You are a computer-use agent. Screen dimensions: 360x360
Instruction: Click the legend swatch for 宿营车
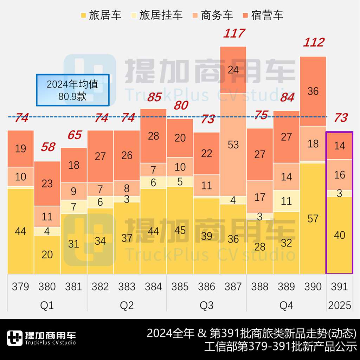tap(245, 15)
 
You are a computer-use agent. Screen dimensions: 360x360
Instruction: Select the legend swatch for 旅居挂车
tap(134, 15)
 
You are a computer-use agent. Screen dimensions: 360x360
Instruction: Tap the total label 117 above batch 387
tap(234, 34)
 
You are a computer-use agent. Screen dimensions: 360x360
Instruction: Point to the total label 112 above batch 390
tap(313, 43)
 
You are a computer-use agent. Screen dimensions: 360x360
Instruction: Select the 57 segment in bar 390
tap(313, 218)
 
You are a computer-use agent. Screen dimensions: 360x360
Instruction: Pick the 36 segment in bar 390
tap(313, 91)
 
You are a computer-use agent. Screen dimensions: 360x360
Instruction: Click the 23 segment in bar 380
tap(47, 183)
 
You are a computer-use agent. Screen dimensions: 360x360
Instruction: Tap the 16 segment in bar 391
tap(340, 175)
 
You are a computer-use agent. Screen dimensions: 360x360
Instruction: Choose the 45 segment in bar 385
tap(180, 230)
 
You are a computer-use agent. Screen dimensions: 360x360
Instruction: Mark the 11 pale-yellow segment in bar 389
tap(287, 201)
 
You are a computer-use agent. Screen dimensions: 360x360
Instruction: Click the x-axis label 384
tap(153, 287)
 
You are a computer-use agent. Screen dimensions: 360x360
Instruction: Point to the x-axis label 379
tap(20, 287)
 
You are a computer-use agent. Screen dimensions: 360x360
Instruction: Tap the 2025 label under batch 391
tap(340, 305)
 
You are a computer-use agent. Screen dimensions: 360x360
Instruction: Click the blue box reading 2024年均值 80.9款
tap(72, 90)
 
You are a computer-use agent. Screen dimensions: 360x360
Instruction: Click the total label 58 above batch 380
tap(48, 147)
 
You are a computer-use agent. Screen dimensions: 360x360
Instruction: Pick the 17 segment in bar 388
tap(260, 197)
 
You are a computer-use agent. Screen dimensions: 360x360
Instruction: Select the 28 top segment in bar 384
tap(153, 136)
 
